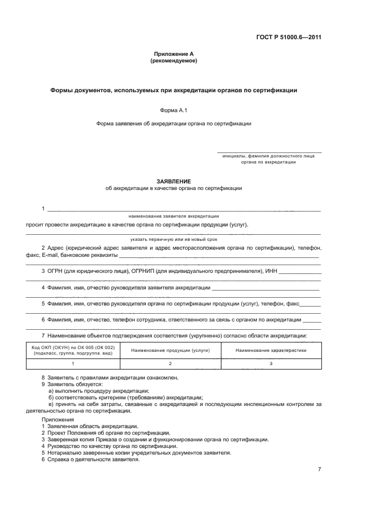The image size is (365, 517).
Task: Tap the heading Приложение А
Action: (173, 54)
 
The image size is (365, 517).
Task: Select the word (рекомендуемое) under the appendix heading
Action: (173, 61)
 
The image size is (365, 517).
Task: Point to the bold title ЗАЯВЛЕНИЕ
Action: (173, 181)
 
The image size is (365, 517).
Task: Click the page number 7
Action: (319, 469)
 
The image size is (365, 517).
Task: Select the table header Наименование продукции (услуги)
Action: (170, 350)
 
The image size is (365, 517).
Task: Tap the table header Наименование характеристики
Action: (271, 350)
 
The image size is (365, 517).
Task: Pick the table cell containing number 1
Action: (73, 364)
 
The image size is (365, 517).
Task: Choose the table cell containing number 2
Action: (170, 364)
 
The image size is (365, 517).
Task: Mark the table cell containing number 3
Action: (271, 364)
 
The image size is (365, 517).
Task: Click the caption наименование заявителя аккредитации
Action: (173, 216)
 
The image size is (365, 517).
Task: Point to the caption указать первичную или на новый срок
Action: (173, 239)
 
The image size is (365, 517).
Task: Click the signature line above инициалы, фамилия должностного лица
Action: (269, 152)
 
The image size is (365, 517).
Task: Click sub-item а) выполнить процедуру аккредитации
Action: (92, 391)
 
